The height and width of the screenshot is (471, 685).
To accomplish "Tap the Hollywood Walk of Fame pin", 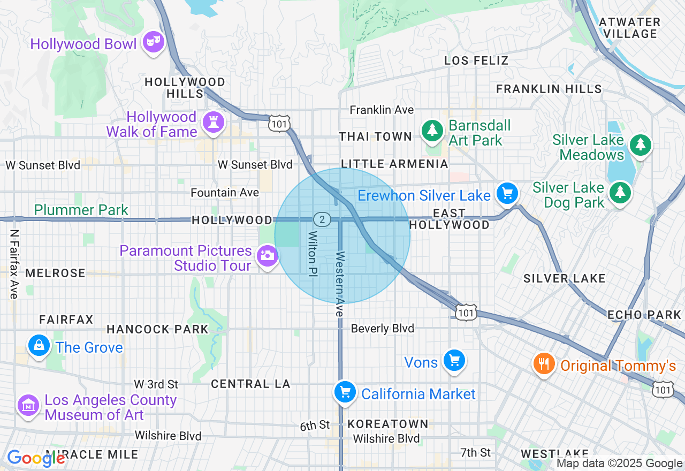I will pos(213,123).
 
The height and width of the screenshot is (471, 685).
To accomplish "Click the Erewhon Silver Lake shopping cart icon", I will pos(507,194).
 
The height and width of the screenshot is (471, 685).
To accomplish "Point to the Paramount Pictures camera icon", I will pos(267,255).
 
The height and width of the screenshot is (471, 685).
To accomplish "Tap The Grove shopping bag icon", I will pos(40,346).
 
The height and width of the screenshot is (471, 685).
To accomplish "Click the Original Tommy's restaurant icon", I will pos(544,364).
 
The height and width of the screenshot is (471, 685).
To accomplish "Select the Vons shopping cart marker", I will pos(454,361).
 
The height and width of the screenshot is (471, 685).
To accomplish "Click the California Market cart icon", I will pos(345,392).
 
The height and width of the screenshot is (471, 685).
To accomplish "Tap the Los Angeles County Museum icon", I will pos(28,405).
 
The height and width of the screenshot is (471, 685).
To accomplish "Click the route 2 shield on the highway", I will pos(322,219).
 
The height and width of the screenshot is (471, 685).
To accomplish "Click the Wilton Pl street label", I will pos(312,254).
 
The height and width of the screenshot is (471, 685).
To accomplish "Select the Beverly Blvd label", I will pos(382,328).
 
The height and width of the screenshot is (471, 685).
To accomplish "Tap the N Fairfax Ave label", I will pos(13,264).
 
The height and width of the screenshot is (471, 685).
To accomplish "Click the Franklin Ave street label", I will pos(382,110).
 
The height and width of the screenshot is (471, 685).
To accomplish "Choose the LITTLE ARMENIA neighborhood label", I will pos(394,164).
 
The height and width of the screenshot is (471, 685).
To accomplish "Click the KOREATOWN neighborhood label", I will pos(388,424).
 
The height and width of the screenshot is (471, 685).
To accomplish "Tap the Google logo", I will pos(36,458).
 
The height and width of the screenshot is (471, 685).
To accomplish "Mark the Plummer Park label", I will pos(81,210).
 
